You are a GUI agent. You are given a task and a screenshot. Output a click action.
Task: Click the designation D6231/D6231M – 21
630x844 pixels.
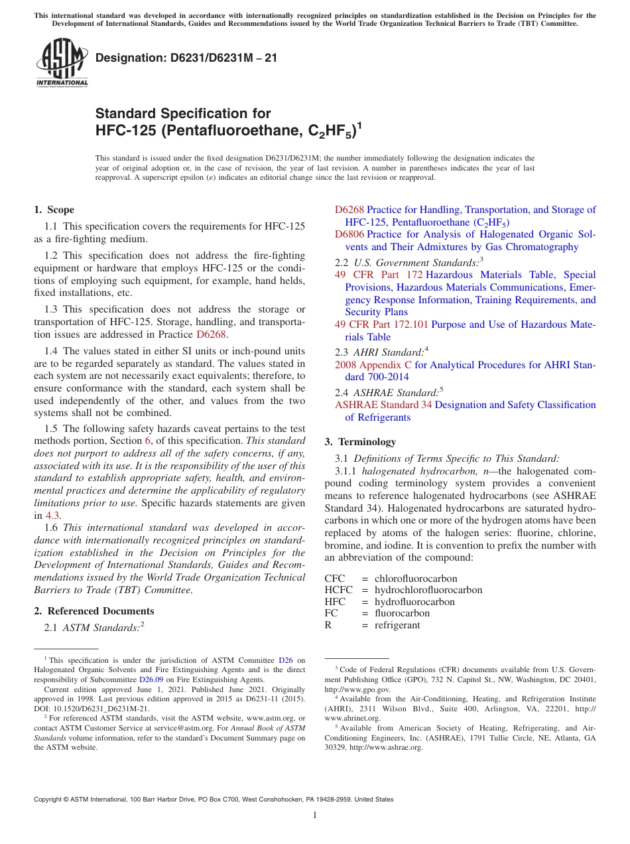click(x=186, y=58)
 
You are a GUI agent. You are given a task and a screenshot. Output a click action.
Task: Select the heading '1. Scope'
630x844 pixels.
click(x=54, y=210)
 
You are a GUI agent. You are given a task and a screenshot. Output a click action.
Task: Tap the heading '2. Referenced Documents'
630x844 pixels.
click(x=94, y=611)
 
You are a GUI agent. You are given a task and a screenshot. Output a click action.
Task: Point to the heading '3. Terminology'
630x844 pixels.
click(x=360, y=442)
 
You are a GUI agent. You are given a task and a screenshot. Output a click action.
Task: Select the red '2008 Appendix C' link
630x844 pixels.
click(x=373, y=364)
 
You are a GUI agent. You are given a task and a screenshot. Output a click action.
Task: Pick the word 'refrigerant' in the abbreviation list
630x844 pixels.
click(x=397, y=625)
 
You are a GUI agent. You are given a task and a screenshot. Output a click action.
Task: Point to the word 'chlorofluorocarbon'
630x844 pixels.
click(x=416, y=579)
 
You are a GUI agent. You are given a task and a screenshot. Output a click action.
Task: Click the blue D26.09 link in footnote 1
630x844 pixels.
click(x=149, y=679)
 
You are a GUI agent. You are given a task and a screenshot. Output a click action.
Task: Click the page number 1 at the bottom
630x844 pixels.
click(x=315, y=815)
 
